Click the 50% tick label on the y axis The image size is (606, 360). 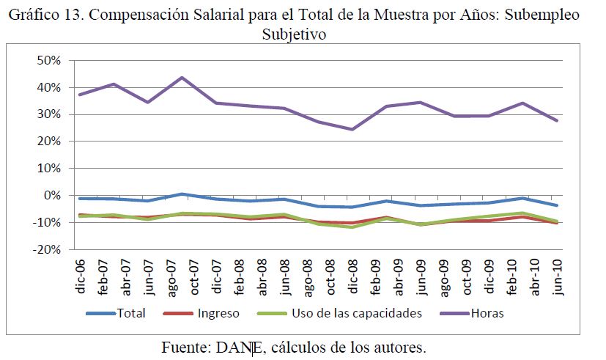click(47, 60)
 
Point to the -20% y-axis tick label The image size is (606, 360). click(45, 249)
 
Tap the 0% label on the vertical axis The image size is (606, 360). click(51, 195)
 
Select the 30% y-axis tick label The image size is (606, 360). click(47, 114)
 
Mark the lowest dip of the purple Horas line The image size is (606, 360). click(353, 130)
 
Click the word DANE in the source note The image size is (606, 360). click(235, 347)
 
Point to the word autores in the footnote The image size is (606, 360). click(400, 347)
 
